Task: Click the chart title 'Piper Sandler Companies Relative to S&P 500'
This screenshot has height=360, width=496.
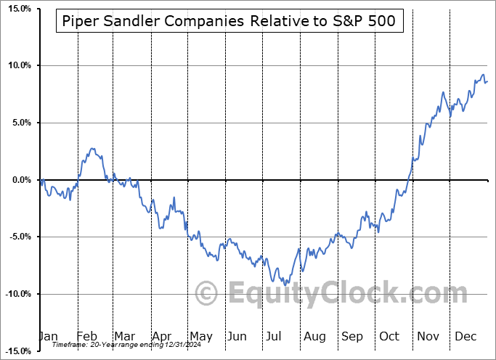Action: point(229,21)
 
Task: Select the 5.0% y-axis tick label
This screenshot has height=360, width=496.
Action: point(18,123)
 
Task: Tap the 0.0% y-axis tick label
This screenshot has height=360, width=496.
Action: point(18,180)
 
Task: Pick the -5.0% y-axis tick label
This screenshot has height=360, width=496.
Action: point(17,237)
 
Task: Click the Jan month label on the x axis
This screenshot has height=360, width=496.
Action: point(49,336)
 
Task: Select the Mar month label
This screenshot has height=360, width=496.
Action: point(124,336)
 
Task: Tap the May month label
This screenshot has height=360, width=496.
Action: point(200,336)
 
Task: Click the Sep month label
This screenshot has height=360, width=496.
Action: point(352,336)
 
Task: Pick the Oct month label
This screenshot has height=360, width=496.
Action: point(390,336)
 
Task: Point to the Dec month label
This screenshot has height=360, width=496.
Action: point(466,336)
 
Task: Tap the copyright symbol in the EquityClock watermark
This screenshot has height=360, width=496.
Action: point(208,294)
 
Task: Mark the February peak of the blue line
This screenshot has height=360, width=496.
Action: point(92,148)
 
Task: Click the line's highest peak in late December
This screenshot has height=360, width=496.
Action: point(482,75)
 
